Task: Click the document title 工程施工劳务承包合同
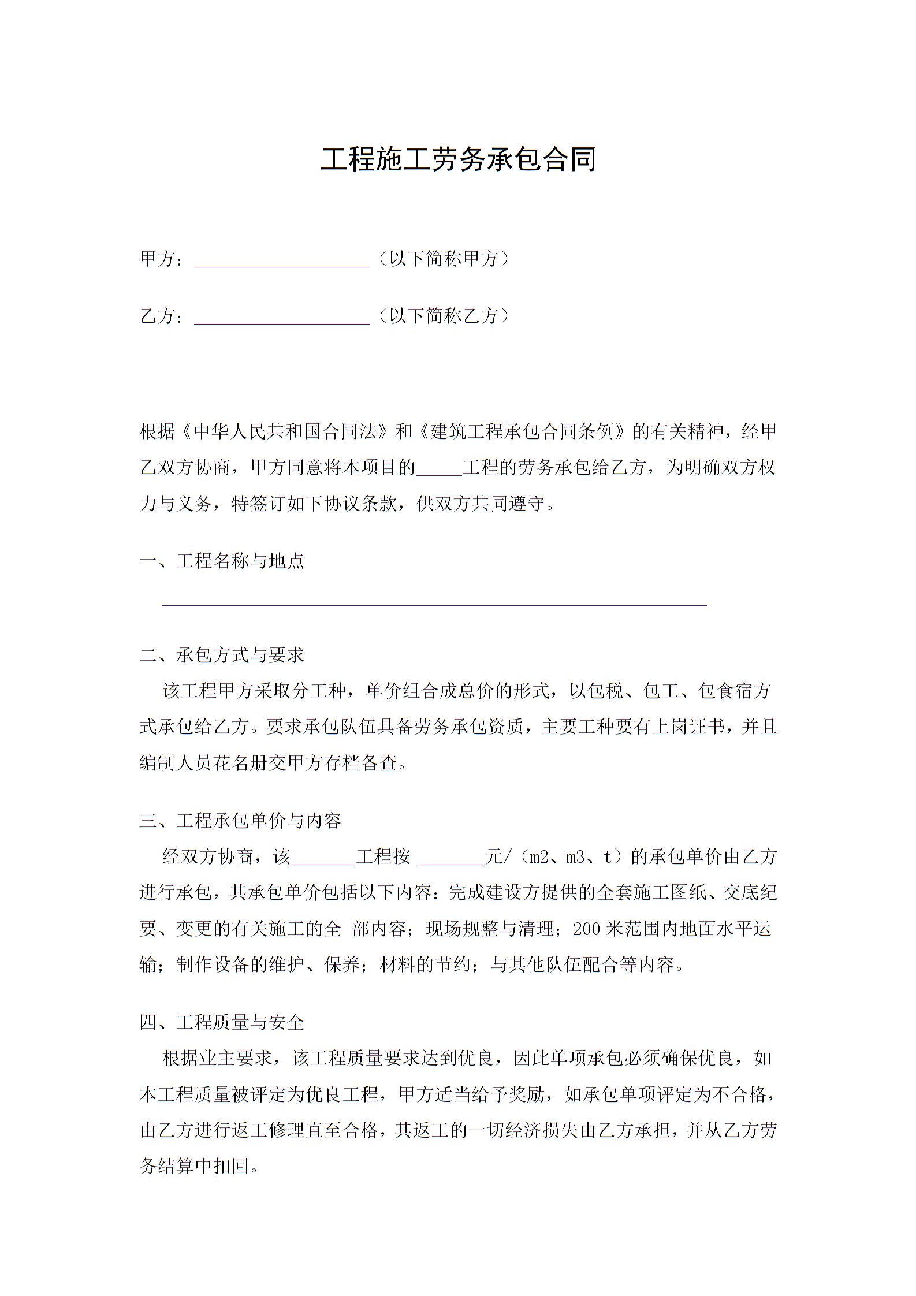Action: (458, 160)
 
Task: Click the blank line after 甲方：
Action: (281, 260)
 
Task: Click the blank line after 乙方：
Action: (281, 317)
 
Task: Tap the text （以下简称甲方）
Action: (444, 259)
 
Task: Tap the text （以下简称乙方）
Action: (444, 315)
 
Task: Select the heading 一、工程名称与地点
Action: (222, 560)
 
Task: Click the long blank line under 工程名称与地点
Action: (434, 604)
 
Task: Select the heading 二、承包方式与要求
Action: (222, 655)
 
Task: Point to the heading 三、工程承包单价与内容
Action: (240, 821)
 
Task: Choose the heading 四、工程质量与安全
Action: (222, 1022)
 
